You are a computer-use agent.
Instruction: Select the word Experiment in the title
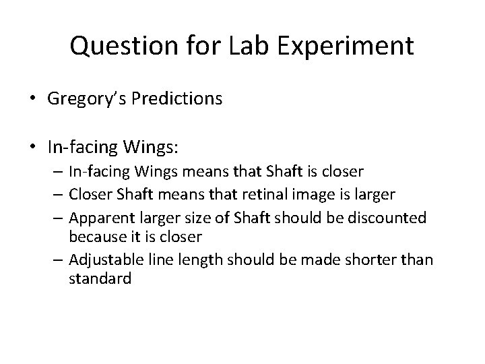[x=351, y=47]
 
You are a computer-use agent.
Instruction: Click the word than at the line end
[x=420, y=260]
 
